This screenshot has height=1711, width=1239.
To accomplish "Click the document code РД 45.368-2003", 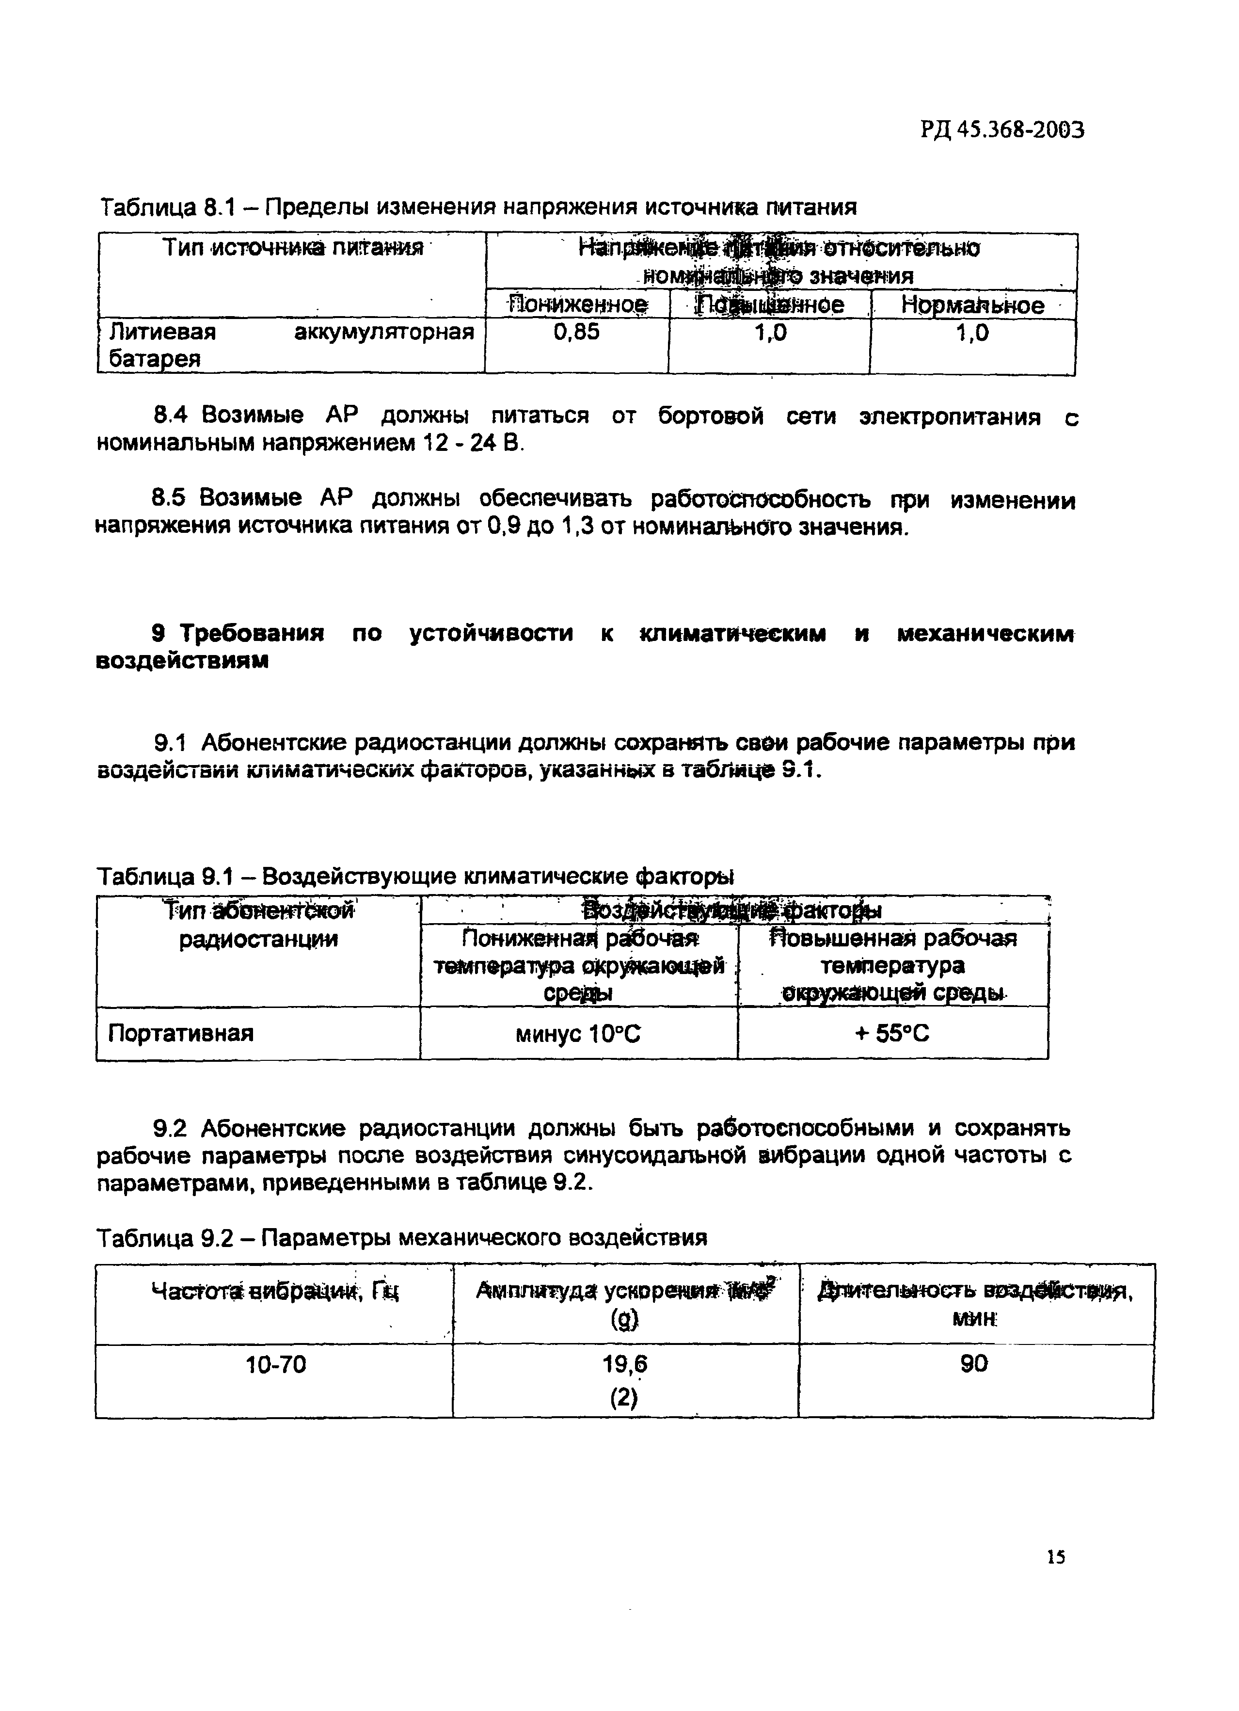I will pyautogui.click(x=1001, y=130).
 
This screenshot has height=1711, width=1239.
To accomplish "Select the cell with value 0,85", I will pyautogui.click(x=576, y=332).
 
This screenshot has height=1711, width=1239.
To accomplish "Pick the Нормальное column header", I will pyautogui.click(x=973, y=305).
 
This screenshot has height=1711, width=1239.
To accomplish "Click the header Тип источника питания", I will pyautogui.click(x=293, y=248).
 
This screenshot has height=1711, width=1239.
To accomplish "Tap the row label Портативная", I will pyautogui.click(x=180, y=1033).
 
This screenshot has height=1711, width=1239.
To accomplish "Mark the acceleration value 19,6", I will pyautogui.click(x=625, y=1364).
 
